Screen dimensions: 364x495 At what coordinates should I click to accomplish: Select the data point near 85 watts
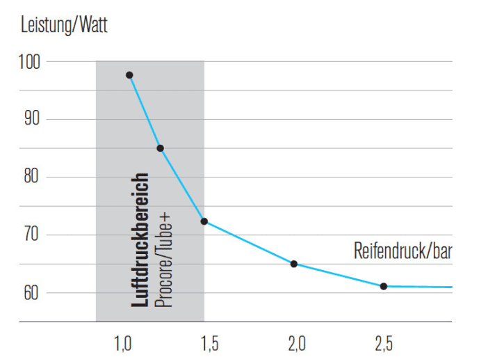(161, 148)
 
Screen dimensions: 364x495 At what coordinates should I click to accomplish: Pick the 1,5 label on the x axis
(210, 343)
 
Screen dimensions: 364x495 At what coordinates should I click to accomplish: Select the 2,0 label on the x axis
(297, 343)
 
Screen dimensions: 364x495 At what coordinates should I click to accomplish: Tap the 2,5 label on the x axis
(384, 343)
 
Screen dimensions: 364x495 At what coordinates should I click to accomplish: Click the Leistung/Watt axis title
(65, 27)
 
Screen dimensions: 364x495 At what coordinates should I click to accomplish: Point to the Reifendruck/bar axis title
(403, 251)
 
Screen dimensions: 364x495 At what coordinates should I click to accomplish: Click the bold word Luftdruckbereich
(140, 240)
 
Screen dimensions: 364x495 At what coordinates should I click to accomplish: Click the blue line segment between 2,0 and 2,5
(339, 276)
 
